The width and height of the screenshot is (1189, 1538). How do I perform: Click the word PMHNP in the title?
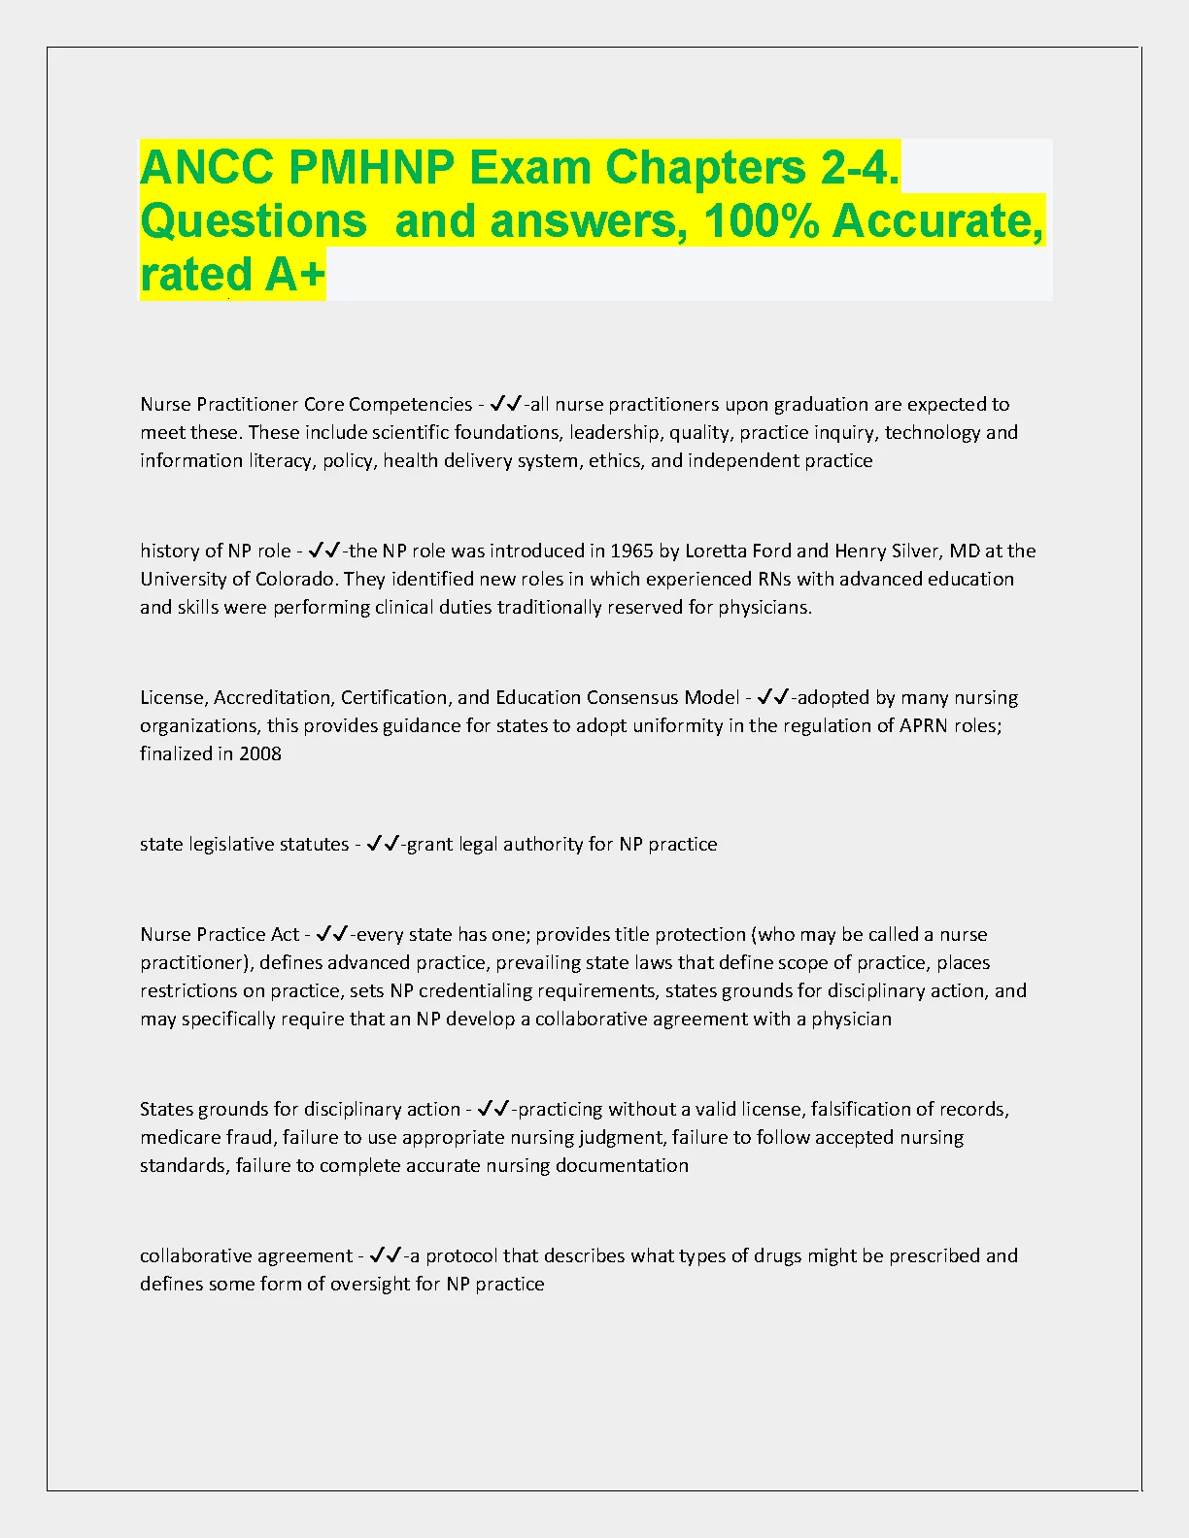click(x=371, y=168)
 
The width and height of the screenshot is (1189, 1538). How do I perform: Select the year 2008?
click(x=260, y=754)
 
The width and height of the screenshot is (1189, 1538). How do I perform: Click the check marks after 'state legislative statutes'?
click(x=383, y=844)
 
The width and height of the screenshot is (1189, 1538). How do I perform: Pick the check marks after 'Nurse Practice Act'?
click(x=332, y=934)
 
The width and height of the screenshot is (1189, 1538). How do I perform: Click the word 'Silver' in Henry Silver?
click(x=912, y=552)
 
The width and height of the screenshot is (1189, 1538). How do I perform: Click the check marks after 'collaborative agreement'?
click(x=386, y=1255)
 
